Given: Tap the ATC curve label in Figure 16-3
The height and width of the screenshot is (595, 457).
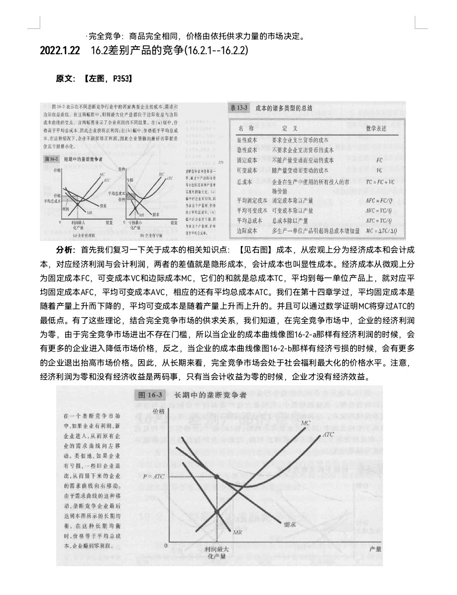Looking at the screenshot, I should tap(329, 434).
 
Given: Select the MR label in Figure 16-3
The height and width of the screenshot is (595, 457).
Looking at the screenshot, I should tap(237, 532).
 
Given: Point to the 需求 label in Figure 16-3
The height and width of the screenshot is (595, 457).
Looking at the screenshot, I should tap(290, 524).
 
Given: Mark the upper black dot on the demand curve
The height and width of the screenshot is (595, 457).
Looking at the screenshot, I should tap(217, 477).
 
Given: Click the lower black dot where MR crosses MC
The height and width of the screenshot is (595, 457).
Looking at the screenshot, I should tap(217, 511).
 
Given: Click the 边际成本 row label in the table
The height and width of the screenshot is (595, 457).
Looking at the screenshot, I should tap(246, 231).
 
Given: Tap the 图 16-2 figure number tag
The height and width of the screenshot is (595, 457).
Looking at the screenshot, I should tap(52, 159).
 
